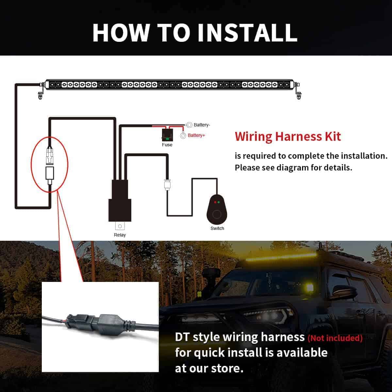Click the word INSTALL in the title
(x=247, y=33)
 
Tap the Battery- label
(x=202, y=125)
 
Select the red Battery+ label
(x=196, y=135)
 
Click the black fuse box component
(x=167, y=135)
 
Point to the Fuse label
(x=167, y=145)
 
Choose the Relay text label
(x=120, y=235)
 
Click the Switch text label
(x=217, y=228)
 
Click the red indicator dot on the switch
(x=215, y=202)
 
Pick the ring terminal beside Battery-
(x=189, y=125)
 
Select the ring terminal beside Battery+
(x=183, y=136)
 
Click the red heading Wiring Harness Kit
(x=288, y=137)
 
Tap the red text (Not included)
(x=335, y=338)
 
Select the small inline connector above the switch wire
(x=167, y=185)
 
